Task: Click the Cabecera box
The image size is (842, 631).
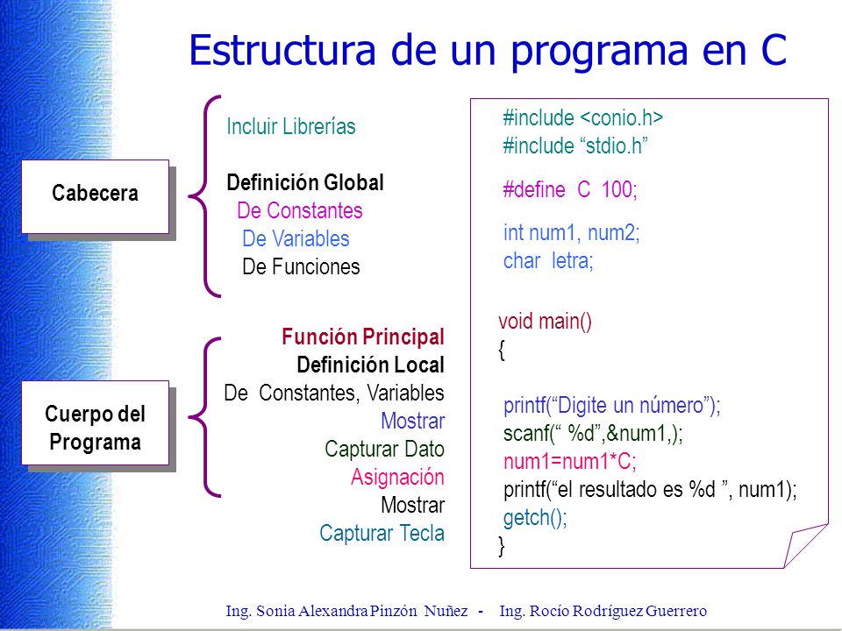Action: click(95, 196)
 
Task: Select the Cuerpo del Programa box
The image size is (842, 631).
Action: click(95, 422)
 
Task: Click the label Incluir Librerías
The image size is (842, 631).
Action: click(291, 126)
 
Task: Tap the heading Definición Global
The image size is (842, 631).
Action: click(305, 182)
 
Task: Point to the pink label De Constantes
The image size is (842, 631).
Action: click(300, 210)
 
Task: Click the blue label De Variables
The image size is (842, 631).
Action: click(296, 238)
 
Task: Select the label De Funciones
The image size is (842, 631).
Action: click(301, 266)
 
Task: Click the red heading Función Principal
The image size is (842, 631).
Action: click(363, 337)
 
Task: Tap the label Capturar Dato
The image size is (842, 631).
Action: click(384, 449)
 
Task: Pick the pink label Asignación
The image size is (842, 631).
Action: click(397, 477)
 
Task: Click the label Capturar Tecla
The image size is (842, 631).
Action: click(382, 533)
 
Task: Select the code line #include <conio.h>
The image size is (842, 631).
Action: click(582, 117)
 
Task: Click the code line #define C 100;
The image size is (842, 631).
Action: click(570, 189)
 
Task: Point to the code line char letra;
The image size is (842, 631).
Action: click(548, 261)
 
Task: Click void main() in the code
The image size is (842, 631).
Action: click(545, 321)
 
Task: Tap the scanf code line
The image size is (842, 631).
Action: click(593, 433)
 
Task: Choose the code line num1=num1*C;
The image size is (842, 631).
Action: click(570, 462)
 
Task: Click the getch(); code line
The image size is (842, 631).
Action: click(535, 518)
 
